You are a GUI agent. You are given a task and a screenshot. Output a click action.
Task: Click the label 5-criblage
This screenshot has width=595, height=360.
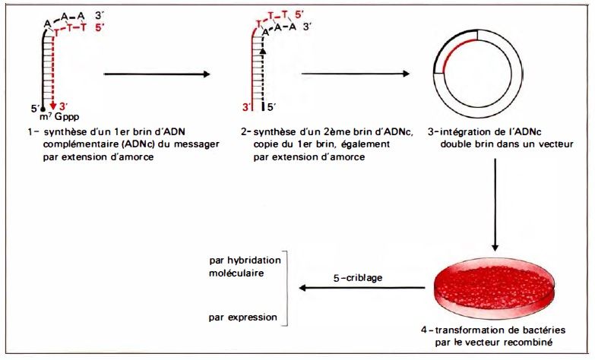tap(359, 279)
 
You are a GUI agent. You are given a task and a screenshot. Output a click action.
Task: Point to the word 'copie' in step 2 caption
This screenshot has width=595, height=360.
tap(268, 144)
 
